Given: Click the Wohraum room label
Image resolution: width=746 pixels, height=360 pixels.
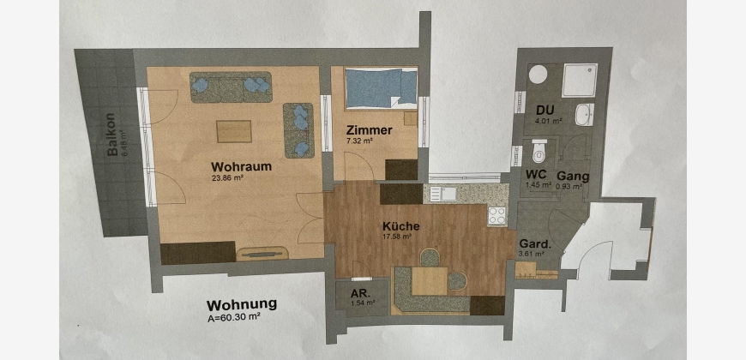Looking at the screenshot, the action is [242, 167].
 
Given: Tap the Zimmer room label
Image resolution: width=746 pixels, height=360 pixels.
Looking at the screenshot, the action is [370, 130].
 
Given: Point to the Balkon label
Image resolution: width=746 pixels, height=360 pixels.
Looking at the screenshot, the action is [112, 135].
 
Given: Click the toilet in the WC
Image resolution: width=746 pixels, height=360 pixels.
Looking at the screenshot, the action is [539, 151].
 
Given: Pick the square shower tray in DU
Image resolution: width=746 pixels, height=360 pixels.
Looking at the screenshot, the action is [580, 80].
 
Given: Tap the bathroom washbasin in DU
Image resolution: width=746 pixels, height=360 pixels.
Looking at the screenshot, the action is [584, 115].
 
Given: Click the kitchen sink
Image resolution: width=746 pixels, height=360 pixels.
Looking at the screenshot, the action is [443, 193].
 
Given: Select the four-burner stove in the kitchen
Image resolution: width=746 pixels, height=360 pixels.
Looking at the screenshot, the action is [497, 215].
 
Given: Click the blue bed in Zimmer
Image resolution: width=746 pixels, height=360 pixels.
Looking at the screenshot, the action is [381, 88].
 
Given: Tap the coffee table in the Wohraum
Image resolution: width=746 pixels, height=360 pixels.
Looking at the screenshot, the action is [234, 131].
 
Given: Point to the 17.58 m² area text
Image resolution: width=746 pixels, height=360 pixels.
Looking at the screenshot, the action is [397, 236].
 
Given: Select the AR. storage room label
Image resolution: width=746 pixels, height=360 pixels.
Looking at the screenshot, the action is [359, 293].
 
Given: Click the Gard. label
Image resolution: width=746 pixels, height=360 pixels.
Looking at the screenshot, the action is [535, 244].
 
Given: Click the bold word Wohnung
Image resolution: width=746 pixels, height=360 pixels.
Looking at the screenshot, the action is [241, 304].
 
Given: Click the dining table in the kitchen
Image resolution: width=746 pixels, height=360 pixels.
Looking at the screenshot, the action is [430, 281].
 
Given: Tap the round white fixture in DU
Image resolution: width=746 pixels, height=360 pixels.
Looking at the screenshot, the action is [538, 75].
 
